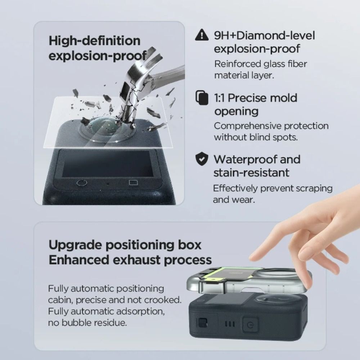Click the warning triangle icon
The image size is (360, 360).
click(202, 35)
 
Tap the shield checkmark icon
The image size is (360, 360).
click(202, 159)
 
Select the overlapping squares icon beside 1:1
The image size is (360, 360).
click(202, 98)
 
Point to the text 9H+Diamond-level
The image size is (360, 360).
click(265, 35)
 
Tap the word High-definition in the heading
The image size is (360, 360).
click(94, 41)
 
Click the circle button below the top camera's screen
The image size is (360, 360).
click(82, 183)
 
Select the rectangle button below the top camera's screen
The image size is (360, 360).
click(133, 183)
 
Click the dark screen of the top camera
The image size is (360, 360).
click(108, 163)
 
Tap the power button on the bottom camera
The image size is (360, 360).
click(250, 325)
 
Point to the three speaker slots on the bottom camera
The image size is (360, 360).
click(230, 324)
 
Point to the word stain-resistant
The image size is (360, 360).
click(251, 173)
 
